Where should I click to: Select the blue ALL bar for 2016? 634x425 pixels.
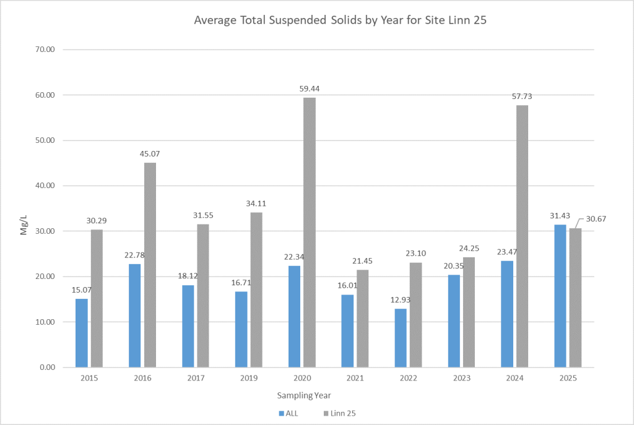coord(135,316)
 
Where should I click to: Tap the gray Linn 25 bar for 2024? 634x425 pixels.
coord(522,236)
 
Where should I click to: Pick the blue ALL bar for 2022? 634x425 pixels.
coord(401,338)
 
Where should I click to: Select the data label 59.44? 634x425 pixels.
coord(309,89)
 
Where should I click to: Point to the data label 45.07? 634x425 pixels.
coord(150,154)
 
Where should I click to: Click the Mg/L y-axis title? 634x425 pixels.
coord(24,208)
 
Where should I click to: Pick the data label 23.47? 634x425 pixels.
coord(507,252)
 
